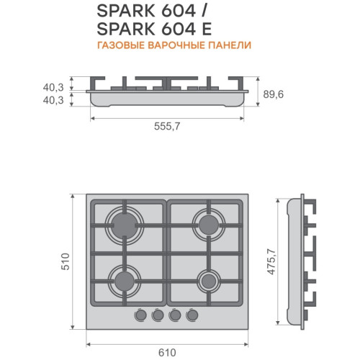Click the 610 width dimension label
coord(167,353)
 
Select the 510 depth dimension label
coord(65,261)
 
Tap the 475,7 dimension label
coord(271,261)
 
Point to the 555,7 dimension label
coord(167,126)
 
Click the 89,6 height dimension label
coord(274,94)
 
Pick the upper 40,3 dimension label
coord(53,87)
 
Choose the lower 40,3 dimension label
coord(53,100)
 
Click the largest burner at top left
coord(125,225)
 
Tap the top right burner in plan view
coord(209,225)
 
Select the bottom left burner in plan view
coord(125,281)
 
